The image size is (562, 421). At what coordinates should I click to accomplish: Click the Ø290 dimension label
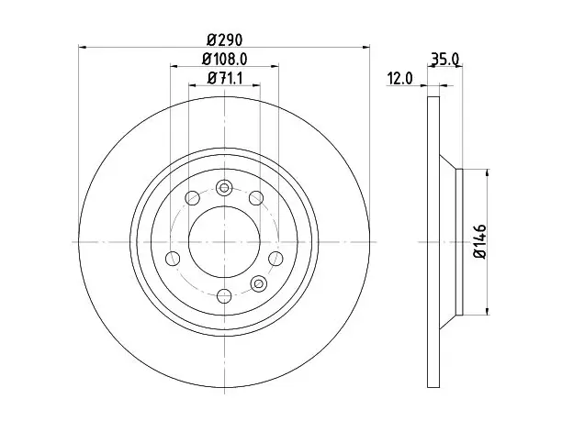224,39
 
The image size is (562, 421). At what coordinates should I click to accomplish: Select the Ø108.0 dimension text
224,59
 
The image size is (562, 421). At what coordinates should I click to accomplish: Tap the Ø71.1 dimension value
225,78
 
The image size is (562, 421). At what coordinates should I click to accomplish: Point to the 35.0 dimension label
444,59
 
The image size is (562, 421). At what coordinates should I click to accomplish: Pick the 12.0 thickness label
400,78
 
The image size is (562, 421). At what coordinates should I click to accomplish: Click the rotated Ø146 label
479,241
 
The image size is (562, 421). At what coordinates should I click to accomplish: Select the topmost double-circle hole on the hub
224,188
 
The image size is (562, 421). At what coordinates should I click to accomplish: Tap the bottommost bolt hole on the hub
224,295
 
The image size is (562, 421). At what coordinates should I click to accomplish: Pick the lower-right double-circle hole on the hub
258,283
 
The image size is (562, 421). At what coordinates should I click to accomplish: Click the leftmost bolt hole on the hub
173,258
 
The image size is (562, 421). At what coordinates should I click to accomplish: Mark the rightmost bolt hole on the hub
275,258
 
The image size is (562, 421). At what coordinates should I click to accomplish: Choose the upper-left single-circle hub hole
192,198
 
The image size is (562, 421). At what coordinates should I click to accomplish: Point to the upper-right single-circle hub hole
256,198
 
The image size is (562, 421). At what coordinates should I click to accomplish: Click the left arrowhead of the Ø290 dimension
83,47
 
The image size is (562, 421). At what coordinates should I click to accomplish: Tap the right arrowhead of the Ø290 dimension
365,47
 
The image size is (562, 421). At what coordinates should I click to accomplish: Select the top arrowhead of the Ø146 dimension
487,173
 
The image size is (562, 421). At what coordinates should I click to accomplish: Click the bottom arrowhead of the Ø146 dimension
487,311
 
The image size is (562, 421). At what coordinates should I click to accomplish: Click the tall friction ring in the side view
433,242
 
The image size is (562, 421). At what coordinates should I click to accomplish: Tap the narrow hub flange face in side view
459,242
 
